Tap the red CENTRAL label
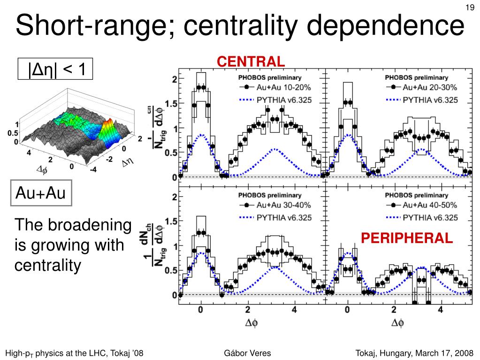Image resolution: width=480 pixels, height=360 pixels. click(x=251, y=61)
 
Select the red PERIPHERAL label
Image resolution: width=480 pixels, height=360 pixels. click(x=407, y=238)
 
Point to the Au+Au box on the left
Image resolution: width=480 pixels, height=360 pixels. click(x=41, y=192)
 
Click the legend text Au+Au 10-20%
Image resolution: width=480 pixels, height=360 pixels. click(x=284, y=87)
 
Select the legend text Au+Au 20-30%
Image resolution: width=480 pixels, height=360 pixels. click(x=430, y=87)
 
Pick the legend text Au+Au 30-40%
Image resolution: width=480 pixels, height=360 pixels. click(x=284, y=205)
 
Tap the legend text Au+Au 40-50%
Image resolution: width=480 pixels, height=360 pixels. click(x=430, y=205)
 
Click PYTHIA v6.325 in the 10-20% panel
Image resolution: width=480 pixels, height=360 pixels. click(x=284, y=100)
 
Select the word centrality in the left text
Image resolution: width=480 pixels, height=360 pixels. click(x=48, y=266)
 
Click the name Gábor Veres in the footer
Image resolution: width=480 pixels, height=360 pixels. click(x=248, y=353)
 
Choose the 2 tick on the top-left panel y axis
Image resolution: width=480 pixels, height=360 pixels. click(x=174, y=79)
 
